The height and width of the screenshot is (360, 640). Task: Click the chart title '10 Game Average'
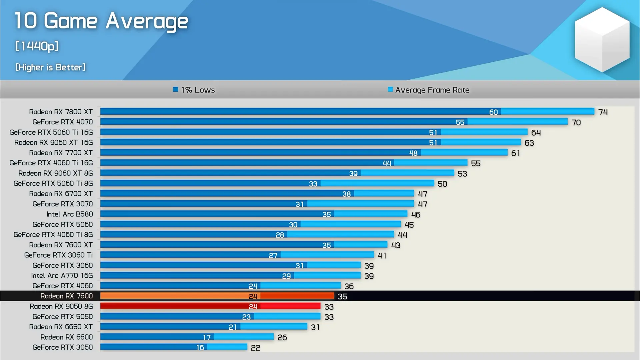pos(101,21)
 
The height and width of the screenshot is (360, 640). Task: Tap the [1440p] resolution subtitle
pos(37,46)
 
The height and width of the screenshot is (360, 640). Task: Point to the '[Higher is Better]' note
pos(50,67)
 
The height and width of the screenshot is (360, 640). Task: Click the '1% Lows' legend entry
pos(194,90)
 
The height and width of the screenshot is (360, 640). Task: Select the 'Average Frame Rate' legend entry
pos(429,90)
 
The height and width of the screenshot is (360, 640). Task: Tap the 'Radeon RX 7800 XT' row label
pos(61,112)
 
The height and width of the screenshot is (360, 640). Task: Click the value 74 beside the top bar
pos(603,112)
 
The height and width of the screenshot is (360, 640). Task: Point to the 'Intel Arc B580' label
pos(70,214)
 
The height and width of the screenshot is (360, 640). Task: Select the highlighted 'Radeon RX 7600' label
pos(67,296)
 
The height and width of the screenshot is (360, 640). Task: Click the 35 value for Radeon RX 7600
pos(342,297)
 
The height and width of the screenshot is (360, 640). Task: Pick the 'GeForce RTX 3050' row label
pos(63,347)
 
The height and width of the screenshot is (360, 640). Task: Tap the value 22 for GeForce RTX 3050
pos(256,348)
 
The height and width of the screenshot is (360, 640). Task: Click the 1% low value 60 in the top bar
pos(493,112)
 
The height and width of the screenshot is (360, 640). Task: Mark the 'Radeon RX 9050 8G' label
pos(61,306)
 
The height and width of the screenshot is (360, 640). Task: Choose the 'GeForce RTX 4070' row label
pos(63,122)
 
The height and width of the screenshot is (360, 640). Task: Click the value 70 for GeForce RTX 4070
pos(576,123)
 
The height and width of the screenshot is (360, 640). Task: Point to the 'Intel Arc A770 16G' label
pos(62,276)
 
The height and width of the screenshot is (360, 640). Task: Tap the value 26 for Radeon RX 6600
pos(282,338)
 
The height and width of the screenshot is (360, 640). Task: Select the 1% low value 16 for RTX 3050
pos(200,348)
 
